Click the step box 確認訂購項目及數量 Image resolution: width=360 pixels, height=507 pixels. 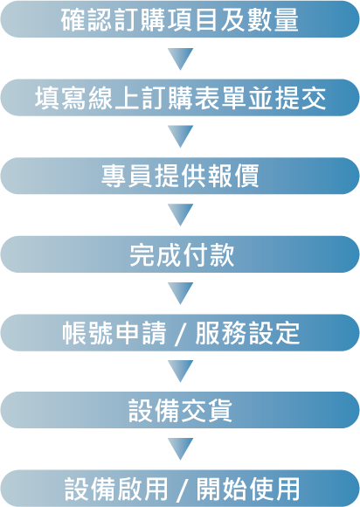click(180, 19)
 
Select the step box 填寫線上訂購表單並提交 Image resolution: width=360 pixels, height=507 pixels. click(180, 97)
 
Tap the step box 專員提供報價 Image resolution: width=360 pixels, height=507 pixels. click(180, 176)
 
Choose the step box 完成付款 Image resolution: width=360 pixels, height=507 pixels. click(180, 254)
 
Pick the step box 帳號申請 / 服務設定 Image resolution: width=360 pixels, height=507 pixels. click(180, 332)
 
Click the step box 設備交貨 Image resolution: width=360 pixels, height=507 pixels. click(180, 410)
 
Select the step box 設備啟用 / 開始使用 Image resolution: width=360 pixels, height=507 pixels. click(180, 489)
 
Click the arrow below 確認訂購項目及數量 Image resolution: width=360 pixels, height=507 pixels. click(180, 59)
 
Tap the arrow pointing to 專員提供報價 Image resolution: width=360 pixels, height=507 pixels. click(180, 136)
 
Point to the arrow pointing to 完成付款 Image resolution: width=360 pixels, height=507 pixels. click(180, 215)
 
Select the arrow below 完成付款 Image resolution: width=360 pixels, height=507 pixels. click(180, 293)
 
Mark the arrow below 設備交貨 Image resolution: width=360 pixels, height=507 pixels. click(180, 449)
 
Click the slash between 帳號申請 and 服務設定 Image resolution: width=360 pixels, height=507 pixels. click(181, 334)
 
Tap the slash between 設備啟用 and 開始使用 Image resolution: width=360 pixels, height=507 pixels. click(183, 490)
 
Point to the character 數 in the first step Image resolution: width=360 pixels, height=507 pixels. click(260, 20)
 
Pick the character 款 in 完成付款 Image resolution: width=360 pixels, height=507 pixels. click(222, 255)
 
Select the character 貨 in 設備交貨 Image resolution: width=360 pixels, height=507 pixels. click(219, 411)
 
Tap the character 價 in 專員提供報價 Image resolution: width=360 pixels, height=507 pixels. click(246, 177)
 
